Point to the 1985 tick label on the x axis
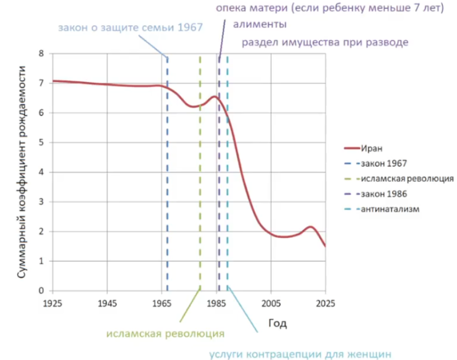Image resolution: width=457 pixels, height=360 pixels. tap(216, 303)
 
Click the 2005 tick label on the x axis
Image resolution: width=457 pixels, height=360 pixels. tap(271, 303)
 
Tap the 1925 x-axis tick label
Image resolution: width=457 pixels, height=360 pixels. tap(53, 303)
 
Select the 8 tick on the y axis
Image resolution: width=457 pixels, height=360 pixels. tap(41, 53)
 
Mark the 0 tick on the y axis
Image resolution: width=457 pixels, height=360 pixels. tap(41, 290)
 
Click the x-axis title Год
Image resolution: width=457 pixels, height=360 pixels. tap(277, 323)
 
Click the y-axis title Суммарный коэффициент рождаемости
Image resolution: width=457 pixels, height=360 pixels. tap(21, 172)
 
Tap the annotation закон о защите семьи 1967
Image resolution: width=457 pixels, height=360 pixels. tap(130, 27)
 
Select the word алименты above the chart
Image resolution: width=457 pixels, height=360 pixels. tap(260, 24)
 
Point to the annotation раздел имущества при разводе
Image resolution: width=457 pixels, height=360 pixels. tap(325, 42)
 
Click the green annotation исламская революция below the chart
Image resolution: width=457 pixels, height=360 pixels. tap(165, 334)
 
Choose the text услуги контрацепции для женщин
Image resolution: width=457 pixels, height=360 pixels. tap(300, 355)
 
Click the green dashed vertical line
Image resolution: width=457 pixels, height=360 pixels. tap(200, 173)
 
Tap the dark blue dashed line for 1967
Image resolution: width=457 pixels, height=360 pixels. tap(168, 173)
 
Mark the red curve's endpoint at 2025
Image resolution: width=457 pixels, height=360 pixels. tap(325, 246)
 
